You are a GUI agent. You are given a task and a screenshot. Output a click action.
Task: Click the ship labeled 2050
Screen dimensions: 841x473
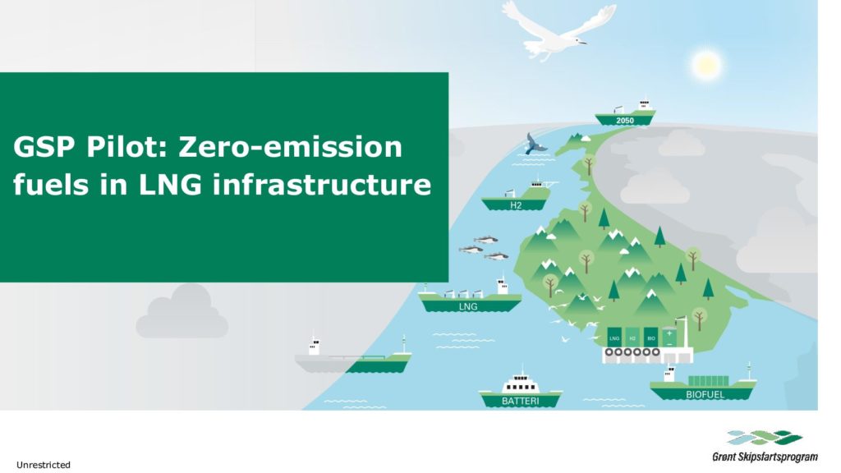(625, 114)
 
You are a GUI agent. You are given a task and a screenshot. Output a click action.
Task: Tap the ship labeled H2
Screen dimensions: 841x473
(517, 198)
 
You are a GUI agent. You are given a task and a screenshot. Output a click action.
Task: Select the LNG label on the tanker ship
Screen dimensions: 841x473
(468, 307)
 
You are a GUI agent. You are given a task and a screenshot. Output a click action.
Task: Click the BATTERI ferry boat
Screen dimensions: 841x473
(520, 391)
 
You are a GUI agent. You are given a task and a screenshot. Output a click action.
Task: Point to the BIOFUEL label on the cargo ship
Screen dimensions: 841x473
(705, 395)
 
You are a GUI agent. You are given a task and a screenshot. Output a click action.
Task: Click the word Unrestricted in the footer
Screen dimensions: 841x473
(44, 465)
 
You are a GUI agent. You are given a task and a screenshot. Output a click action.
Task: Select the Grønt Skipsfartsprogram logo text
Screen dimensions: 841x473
(765, 457)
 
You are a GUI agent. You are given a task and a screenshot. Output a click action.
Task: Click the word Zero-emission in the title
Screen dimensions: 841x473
(290, 147)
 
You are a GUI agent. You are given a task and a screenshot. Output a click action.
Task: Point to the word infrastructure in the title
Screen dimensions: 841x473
(322, 185)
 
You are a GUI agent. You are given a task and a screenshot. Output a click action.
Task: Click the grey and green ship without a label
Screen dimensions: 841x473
(353, 357)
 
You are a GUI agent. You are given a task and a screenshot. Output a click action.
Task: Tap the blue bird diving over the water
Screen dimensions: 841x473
(534, 143)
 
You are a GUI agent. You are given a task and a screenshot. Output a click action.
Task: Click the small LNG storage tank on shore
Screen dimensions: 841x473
(614, 338)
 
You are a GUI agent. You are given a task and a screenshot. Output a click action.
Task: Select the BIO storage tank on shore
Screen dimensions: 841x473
(651, 338)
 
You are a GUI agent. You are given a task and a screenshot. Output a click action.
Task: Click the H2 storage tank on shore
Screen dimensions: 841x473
(633, 338)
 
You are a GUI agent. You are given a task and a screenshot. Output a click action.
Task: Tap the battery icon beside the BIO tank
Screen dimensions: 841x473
(669, 337)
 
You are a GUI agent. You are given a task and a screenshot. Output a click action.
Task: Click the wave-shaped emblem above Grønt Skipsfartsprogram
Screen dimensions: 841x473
(765, 438)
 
